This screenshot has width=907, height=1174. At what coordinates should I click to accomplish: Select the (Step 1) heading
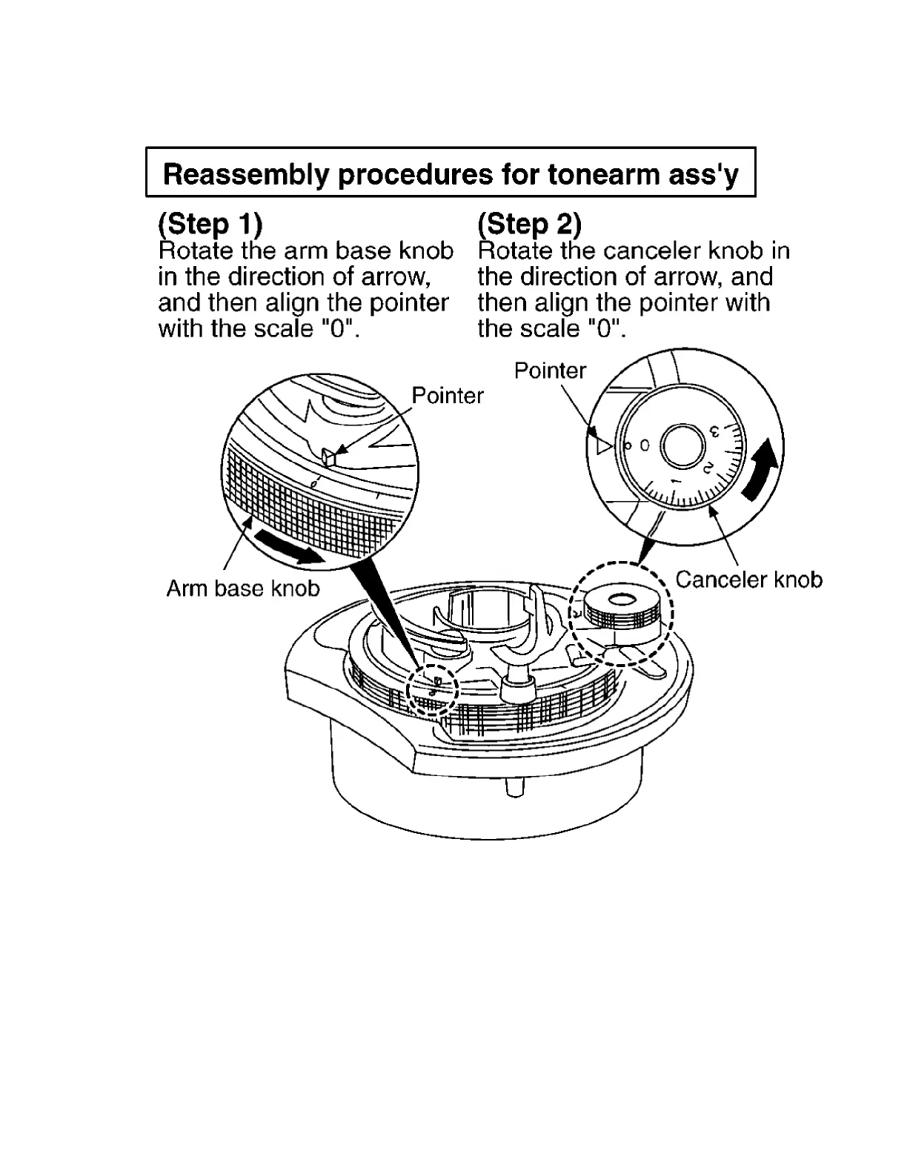click(x=210, y=223)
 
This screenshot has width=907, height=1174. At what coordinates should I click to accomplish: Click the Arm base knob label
click(x=242, y=588)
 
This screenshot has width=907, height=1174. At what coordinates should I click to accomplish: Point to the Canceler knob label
click(x=748, y=580)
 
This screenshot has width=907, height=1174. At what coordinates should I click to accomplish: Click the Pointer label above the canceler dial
click(x=550, y=371)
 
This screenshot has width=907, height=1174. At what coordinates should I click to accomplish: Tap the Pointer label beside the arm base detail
click(x=447, y=396)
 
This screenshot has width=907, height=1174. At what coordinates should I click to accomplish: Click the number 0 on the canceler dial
click(x=644, y=445)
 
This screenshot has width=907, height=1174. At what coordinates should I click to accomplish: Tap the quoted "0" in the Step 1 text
click(x=340, y=328)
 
